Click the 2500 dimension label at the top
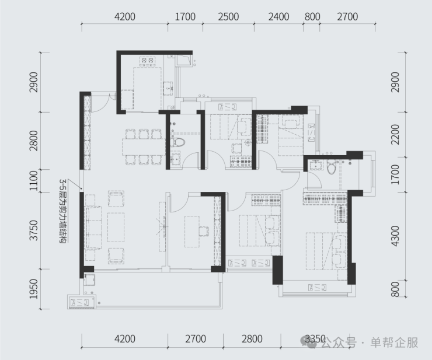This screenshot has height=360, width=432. pos(228,17)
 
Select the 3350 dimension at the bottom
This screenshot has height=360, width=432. pos(315,339)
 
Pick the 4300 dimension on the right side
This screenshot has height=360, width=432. pos(395,236)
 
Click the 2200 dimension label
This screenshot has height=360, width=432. pos(395,134)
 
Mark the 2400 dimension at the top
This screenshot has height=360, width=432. pos(279,17)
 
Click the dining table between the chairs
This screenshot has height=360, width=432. pos(144,147)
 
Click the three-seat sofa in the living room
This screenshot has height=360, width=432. pos(93,228)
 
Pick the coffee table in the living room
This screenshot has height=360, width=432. pos(116,227)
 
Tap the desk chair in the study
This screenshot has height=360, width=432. pos(204,231)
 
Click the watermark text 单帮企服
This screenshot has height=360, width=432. pos(394,342)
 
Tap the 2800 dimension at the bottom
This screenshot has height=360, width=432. pos(252,339)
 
